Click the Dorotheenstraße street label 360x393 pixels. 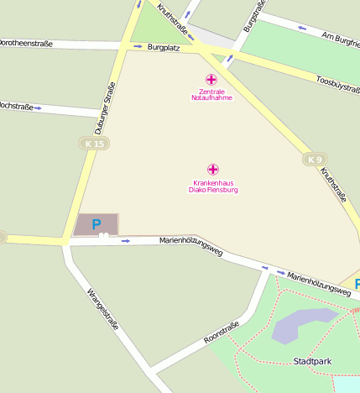coord(29,41)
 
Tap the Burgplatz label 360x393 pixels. coord(164,48)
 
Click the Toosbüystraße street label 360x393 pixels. coord(338,84)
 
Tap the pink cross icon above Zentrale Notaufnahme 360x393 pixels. coord(211,79)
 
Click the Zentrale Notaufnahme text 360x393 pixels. coord(211,94)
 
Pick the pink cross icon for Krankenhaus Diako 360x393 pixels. coord(213,170)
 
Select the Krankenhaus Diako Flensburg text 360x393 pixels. coord(213,186)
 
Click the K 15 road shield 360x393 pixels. coord(95,144)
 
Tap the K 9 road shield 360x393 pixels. coord(315,160)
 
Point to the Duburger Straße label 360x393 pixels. coord(104,109)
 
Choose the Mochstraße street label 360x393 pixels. coord(17,107)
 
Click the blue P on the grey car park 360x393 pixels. coord(96,224)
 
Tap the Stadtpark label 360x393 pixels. coord(312,361)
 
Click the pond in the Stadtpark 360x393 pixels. coord(302,323)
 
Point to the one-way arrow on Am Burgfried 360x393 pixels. coord(302,29)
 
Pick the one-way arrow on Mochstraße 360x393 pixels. coord(38,107)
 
